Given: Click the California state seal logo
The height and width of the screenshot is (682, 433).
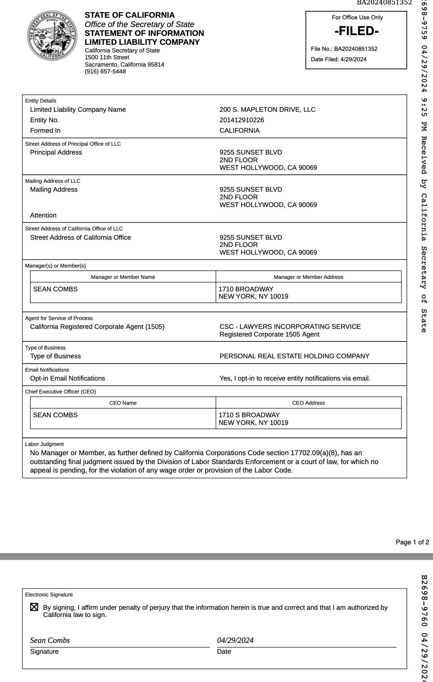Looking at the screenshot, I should (52, 36).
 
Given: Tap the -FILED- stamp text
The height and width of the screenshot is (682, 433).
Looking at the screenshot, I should (356, 31).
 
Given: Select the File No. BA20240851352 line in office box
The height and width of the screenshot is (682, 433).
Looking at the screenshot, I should (344, 49).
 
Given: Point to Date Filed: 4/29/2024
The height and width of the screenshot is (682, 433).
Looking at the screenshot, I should (339, 59).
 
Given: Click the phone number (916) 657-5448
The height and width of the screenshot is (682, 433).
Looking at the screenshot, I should (105, 71).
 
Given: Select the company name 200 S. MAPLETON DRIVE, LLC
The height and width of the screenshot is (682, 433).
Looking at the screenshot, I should (267, 109).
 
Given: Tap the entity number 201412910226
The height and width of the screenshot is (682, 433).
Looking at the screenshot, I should (242, 120).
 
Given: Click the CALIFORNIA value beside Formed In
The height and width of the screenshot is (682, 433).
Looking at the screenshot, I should (239, 130).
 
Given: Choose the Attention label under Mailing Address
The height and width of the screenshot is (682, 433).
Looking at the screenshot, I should (43, 215).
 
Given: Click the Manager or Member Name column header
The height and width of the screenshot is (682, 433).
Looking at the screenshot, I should (123, 277).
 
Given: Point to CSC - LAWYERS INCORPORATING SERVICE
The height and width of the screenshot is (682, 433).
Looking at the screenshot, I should (290, 326).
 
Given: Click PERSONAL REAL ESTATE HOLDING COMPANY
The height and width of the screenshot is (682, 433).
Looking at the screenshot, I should (294, 356).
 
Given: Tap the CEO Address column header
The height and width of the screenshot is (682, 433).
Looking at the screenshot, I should (308, 403).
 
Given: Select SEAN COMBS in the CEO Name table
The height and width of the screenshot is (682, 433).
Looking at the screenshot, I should (55, 415).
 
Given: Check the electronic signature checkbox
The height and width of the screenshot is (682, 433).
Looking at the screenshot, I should (34, 607).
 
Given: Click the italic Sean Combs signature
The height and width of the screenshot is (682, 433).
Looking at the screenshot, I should (50, 640).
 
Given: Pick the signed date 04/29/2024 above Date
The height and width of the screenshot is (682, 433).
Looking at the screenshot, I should (235, 640).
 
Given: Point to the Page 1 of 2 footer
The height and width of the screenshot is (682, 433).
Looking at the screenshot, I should (412, 542).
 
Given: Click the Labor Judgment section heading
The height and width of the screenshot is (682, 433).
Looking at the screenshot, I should (44, 444).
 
